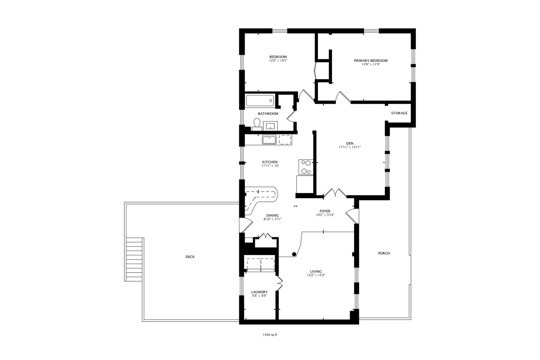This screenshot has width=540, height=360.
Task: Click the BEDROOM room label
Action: tap(278, 57)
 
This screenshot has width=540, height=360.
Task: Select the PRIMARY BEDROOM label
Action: tap(371, 61)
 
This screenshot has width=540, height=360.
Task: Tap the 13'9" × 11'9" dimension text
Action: tap(371, 64)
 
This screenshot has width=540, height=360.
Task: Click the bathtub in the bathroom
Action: tap(260, 101)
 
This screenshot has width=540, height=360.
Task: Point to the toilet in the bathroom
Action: tap(257, 124)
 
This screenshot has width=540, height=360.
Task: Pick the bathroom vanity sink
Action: tap(270, 126)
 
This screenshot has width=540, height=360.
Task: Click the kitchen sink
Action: tap(269, 140)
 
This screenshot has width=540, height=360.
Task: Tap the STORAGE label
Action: tap(399, 113)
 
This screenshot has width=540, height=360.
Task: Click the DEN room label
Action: tap(350, 143)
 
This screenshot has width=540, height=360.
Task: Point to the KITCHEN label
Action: tap(270, 162)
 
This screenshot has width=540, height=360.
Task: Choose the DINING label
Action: tap(273, 215)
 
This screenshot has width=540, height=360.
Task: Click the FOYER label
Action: tap(325, 211)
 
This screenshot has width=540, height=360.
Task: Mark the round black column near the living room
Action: tap(294, 254)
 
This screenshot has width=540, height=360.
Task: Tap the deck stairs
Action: tap(134, 259)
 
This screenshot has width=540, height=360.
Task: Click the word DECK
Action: tap(190, 257)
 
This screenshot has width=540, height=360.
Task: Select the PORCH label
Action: tap(384, 253)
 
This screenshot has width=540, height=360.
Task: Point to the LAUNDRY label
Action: tap(259, 292)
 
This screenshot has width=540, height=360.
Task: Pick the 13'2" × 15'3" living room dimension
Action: tap(316, 275)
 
